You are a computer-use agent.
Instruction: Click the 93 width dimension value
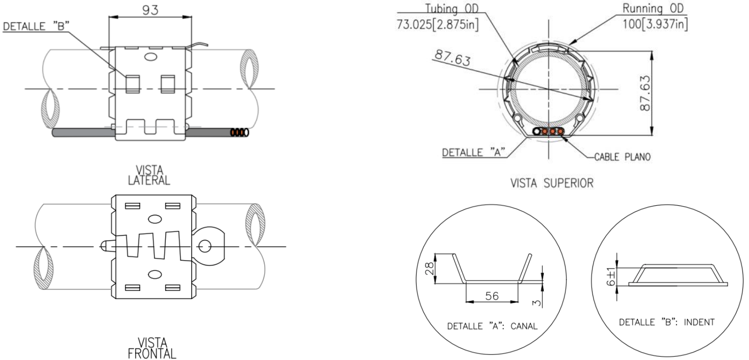[150, 10]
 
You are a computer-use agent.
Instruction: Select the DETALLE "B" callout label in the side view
[36, 26]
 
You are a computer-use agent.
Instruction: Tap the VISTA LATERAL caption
[149, 175]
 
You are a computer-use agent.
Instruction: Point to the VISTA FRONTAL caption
[152, 348]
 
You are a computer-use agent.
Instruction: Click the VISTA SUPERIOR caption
[552, 183]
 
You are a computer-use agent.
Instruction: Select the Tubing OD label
[452, 8]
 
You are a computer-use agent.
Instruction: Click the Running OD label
[653, 8]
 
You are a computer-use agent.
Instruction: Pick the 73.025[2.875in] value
[438, 25]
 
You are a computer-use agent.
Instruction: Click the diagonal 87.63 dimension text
[453, 58]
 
